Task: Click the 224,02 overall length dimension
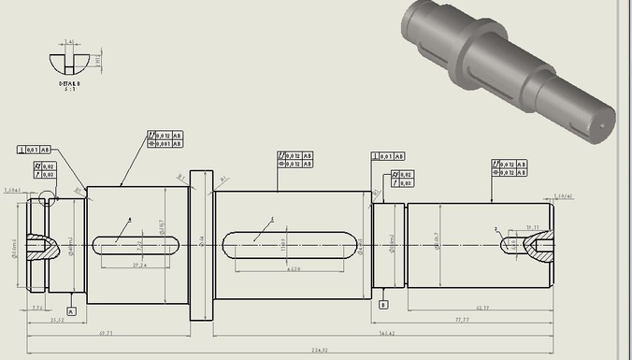[319, 351]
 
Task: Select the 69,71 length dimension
[105, 332]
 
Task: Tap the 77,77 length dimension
[487, 319]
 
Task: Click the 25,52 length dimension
[56, 319]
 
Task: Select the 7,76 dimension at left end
[37, 307]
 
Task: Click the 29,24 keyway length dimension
[139, 266]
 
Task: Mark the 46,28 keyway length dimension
[293, 270]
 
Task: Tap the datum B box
[383, 304]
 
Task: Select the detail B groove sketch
[70, 63]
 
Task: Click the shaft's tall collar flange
[202, 244]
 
